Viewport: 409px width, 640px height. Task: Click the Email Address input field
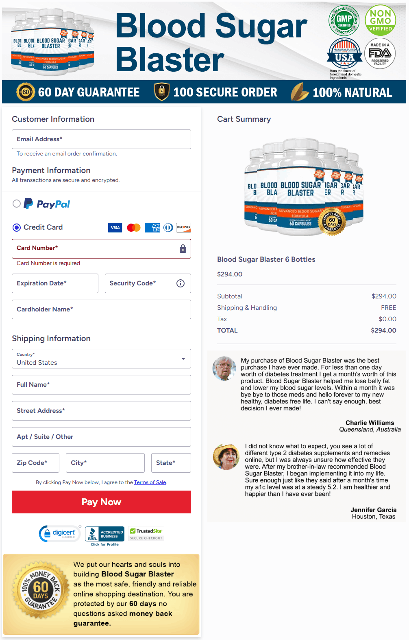[101, 139]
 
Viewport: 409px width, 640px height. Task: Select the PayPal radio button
[17, 204]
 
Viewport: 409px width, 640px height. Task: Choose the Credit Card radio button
[17, 228]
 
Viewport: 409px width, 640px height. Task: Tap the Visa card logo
[115, 228]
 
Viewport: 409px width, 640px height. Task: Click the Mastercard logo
[134, 228]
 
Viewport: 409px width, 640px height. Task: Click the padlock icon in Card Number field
[183, 249]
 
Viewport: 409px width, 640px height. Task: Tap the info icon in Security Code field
[181, 283]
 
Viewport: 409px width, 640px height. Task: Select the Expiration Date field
[55, 283]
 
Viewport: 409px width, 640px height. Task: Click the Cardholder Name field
[101, 309]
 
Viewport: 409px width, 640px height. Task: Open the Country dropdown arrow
[183, 359]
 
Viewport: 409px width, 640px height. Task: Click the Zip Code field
[35, 463]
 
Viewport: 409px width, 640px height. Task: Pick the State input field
[171, 463]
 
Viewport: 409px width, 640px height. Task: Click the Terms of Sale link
[150, 482]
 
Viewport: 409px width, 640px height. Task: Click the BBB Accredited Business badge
[104, 535]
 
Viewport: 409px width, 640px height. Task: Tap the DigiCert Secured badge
[60, 533]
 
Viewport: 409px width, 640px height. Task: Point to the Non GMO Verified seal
[381, 20]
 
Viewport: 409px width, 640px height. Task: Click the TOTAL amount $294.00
[383, 331]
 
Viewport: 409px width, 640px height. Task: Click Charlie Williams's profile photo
[224, 368]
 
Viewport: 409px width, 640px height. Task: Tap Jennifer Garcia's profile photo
[226, 457]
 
